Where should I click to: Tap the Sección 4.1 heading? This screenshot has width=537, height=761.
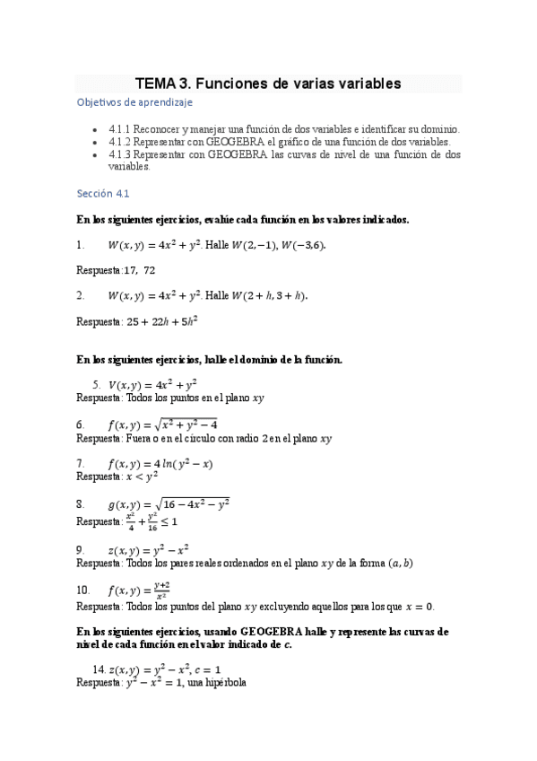(x=104, y=193)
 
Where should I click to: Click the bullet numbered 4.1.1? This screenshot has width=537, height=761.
(x=119, y=129)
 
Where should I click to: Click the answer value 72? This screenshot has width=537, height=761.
(x=149, y=270)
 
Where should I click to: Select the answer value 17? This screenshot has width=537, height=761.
(x=130, y=270)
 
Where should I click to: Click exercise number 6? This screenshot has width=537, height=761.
(x=81, y=424)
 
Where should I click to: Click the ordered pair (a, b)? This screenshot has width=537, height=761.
(x=399, y=564)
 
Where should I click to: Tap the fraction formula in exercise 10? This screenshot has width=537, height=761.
(x=162, y=590)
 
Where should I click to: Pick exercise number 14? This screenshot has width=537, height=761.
(x=99, y=669)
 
